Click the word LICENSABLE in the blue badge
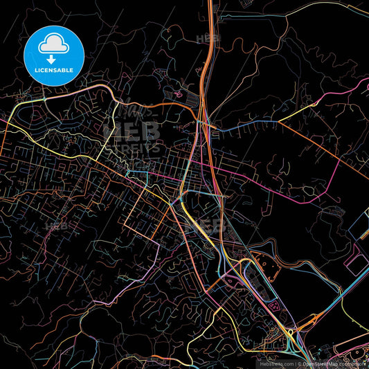point(53,70)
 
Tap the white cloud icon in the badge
point(53,44)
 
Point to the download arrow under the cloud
point(53,58)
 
